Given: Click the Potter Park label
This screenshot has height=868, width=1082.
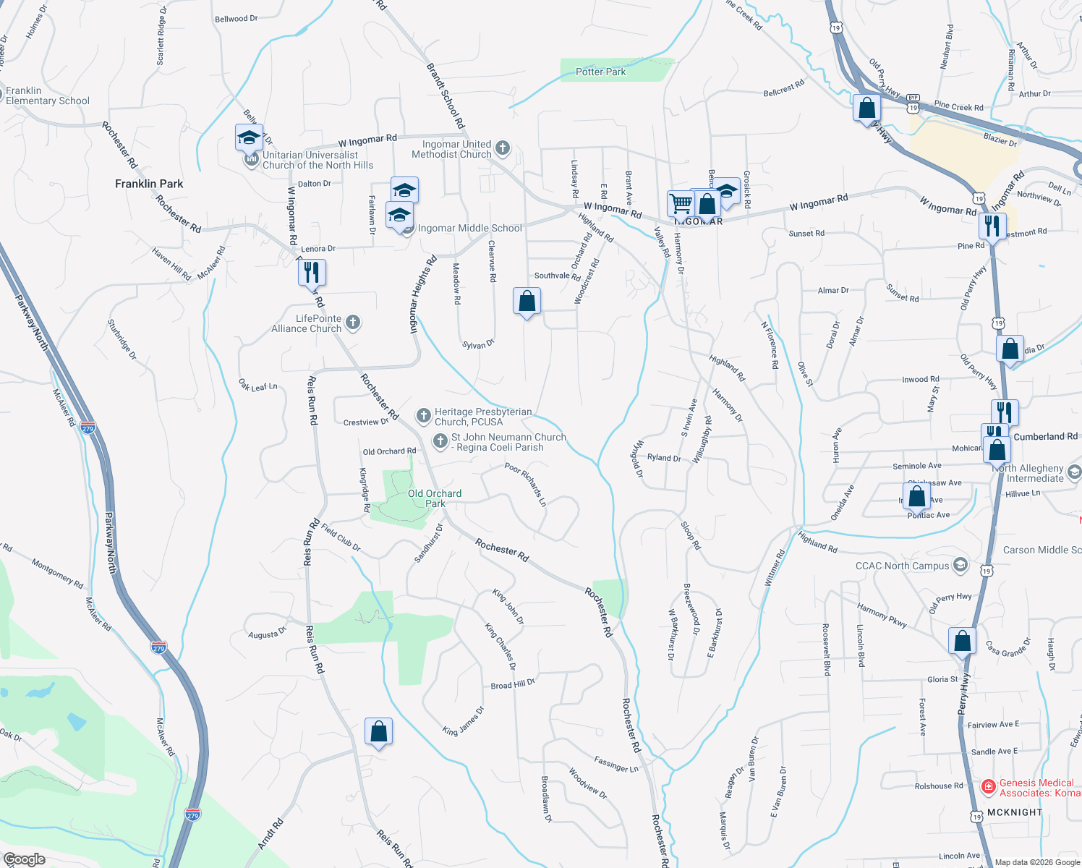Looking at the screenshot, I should click(x=600, y=72).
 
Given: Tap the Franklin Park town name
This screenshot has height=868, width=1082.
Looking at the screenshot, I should click(x=149, y=184).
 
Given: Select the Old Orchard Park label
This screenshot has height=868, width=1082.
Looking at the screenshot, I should click(x=434, y=498).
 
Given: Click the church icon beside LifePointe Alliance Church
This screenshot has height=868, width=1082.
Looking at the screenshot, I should click(x=353, y=323).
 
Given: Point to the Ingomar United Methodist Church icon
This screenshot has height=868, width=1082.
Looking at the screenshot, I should click(x=503, y=149).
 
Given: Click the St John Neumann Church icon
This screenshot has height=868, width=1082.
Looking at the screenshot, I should click(x=440, y=441).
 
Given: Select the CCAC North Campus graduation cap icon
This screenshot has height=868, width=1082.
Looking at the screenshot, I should click(x=960, y=565).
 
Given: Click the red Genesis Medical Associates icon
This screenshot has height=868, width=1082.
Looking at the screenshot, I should click(x=988, y=786).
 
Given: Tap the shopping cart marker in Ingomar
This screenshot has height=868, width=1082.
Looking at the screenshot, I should click(x=681, y=204).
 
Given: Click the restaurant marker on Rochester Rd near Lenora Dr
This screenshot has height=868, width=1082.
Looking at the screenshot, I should click(x=312, y=273).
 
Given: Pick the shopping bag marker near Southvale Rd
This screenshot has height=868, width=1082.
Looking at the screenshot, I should click(x=527, y=301).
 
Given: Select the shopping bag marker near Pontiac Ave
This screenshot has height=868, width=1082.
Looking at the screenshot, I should click(x=916, y=496).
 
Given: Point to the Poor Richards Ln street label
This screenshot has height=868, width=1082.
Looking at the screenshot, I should click(x=525, y=484).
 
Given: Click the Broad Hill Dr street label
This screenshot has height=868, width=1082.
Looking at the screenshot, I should click(x=512, y=684).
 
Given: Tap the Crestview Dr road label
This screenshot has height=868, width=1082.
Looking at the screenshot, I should click(x=365, y=422).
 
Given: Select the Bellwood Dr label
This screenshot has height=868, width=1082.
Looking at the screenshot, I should click(x=236, y=19).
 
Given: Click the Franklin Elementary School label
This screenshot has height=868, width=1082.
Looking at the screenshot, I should click(x=48, y=95).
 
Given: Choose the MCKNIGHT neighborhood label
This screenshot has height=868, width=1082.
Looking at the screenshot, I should click(x=1015, y=812).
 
